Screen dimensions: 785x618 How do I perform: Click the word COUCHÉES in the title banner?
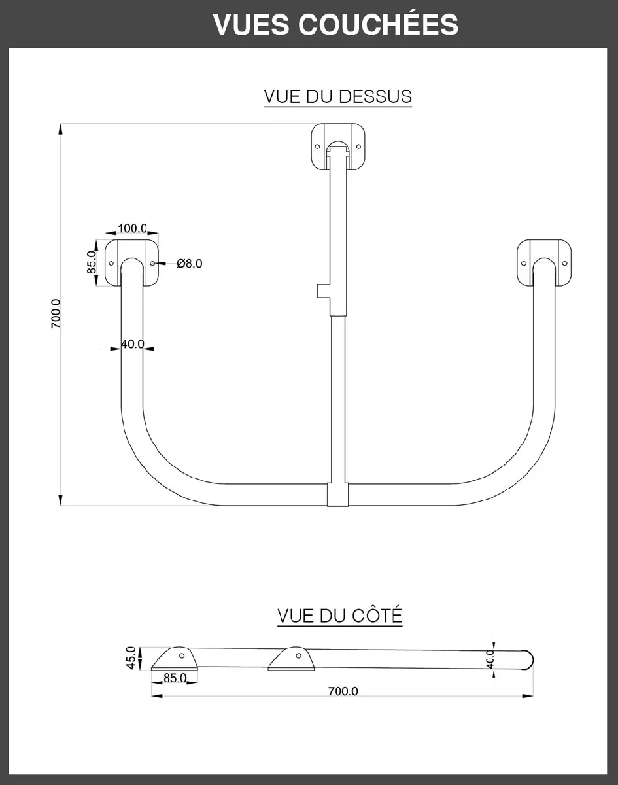coord(379,24)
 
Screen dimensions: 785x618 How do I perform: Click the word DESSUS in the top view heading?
coord(375,96)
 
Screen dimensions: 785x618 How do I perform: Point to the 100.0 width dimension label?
coord(133,229)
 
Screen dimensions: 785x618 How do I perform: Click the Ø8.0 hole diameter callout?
coord(190,264)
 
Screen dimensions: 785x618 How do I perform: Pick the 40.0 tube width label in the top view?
coord(133,344)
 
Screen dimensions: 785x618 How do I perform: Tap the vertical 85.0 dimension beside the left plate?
coord(92,262)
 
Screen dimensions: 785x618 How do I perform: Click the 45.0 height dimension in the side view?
coord(130,657)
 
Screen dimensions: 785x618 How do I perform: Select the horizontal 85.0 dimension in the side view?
coord(175,678)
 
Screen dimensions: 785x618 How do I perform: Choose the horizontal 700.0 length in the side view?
coord(342,691)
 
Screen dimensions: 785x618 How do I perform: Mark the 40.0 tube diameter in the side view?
coord(490,658)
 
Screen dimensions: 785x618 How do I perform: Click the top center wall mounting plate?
coord(339,147)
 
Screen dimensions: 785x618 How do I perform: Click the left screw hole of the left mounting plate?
coord(111,263)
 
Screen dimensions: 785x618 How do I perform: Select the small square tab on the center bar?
coord(321,291)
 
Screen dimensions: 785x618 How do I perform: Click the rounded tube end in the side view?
coord(530,659)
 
